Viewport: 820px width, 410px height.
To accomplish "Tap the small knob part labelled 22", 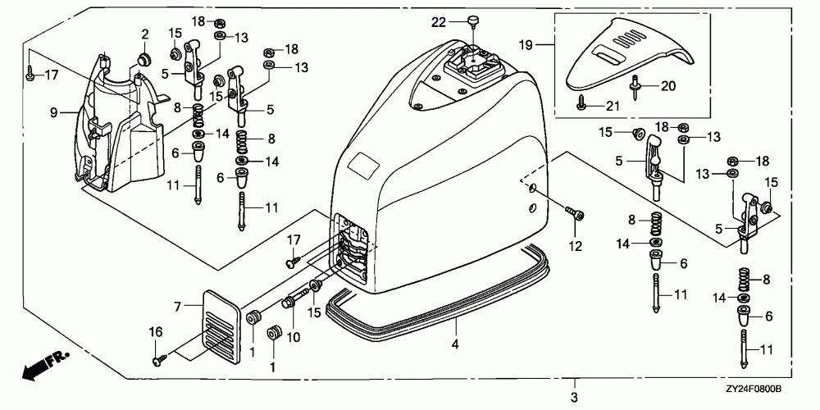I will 474,19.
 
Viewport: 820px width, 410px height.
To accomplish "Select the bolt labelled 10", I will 289,304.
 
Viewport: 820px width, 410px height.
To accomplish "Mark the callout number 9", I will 54,111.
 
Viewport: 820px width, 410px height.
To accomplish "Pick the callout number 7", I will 175,305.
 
